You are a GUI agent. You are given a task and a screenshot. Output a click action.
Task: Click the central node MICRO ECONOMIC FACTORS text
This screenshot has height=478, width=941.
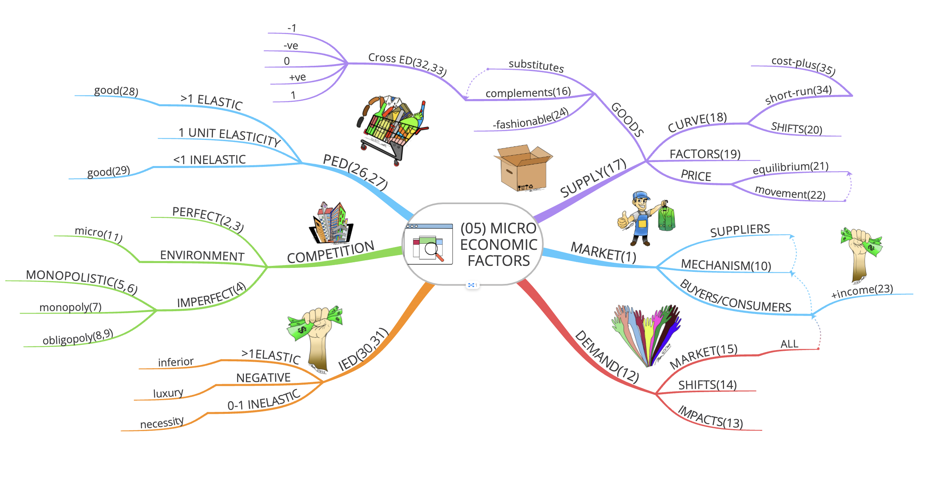[x=498, y=245]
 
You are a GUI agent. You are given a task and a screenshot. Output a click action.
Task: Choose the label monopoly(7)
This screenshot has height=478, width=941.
[x=70, y=307]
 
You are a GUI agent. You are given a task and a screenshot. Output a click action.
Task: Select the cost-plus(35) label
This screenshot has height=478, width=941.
[x=803, y=66]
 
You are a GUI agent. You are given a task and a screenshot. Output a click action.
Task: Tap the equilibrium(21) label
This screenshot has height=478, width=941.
[x=790, y=168]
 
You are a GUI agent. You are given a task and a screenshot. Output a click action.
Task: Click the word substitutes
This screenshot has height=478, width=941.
[x=536, y=66]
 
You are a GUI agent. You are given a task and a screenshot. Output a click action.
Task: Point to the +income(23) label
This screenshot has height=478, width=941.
[x=862, y=291]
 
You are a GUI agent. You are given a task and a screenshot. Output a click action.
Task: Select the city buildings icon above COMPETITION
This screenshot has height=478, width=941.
[x=331, y=223]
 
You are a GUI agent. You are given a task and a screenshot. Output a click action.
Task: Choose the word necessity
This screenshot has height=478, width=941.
[x=162, y=423]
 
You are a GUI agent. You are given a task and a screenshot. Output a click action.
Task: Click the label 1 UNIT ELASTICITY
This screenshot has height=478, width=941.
[x=229, y=136]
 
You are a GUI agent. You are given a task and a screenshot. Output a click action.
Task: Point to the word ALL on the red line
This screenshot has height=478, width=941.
[x=789, y=344]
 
